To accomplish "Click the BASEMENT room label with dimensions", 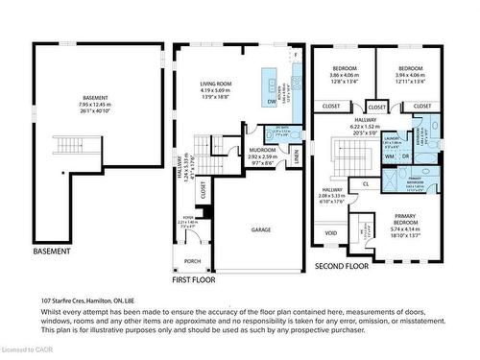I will click(95, 104).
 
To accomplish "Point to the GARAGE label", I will click(261, 229).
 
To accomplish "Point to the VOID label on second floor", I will click(331, 232).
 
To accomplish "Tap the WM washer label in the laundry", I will click(391, 156).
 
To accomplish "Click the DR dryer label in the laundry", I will click(405, 156).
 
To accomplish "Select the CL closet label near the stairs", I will click(366, 183).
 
